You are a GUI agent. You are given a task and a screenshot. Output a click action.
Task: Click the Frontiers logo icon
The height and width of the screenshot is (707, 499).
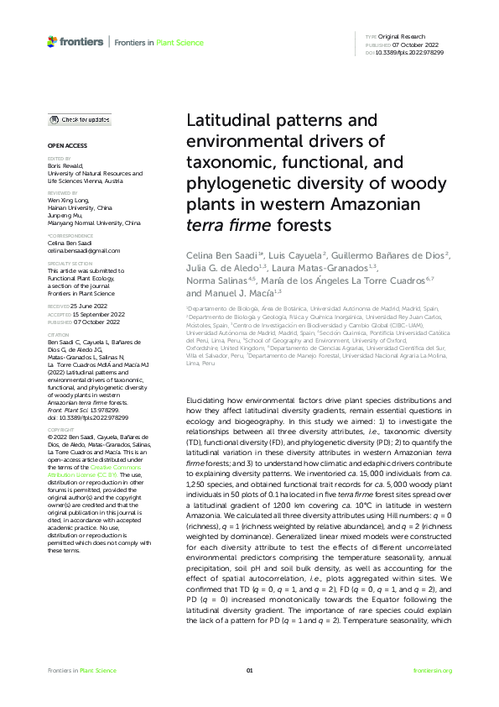click(52, 40)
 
